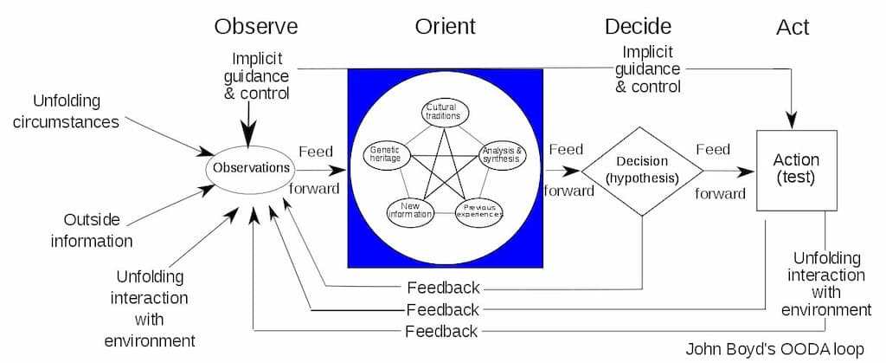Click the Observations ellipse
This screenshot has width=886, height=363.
pos(251,168)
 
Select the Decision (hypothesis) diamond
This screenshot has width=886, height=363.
pos(641,170)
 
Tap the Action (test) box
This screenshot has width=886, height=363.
pos(796,170)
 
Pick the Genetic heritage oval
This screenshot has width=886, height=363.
pos(384,154)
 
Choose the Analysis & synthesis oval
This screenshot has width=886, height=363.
pos(502,153)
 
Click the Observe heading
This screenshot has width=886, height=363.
pos(256,26)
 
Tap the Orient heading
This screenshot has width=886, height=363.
pos(445,26)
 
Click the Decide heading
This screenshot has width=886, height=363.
pos(639,26)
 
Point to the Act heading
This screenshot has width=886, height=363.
pos(793,27)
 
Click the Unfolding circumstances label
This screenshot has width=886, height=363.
pos(76,111)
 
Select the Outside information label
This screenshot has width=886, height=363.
pos(92,230)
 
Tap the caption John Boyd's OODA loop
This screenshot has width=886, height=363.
pos(774,350)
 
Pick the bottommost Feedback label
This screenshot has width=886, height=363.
pos(441,331)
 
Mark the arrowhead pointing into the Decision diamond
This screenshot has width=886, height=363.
pos(574,171)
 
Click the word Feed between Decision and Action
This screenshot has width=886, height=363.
pos(713,150)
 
